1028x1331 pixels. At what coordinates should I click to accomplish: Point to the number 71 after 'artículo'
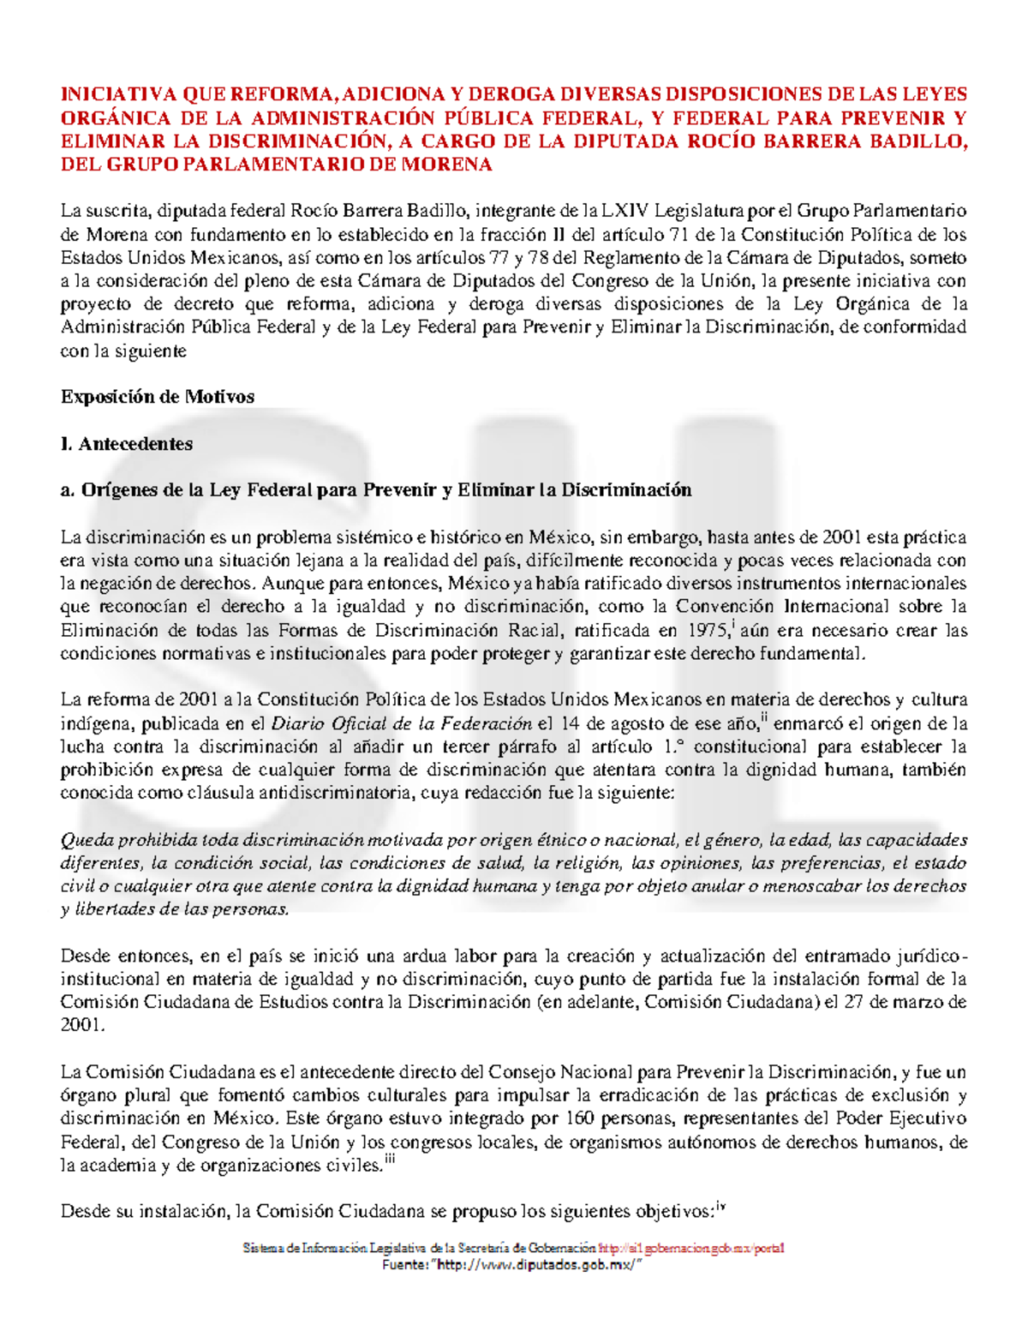coord(703,234)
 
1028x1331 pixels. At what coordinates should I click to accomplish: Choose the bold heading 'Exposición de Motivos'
coord(158,397)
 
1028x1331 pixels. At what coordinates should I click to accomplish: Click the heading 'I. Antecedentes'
coord(127,444)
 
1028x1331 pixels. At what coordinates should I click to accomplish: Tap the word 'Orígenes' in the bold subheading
coord(117,490)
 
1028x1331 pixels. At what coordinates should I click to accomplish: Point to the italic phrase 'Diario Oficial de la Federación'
coord(402,722)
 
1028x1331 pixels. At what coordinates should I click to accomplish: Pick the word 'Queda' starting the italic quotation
coord(87,840)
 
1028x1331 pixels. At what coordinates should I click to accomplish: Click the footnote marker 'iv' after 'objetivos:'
coord(720,1206)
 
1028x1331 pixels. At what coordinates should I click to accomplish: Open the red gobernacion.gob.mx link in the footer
coord(691,1248)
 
